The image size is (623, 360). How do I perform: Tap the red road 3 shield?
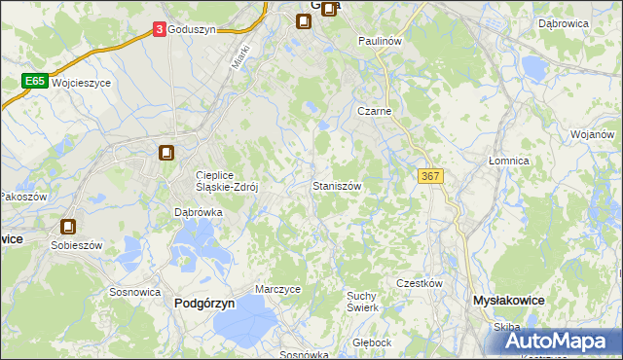pos(159,30)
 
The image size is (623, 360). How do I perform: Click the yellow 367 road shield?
pos(430,175)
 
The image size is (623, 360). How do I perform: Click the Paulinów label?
pos(380,42)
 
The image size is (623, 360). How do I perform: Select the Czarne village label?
pos(374,112)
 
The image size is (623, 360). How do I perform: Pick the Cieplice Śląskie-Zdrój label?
pos(226,182)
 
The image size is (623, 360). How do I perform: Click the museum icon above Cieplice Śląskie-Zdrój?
pos(166,153)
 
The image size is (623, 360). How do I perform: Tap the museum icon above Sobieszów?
pos(68,226)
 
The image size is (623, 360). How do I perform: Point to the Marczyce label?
pos(277,290)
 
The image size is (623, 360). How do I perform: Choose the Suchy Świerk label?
pos(362,301)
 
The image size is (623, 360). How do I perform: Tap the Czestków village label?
pos(420,283)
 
